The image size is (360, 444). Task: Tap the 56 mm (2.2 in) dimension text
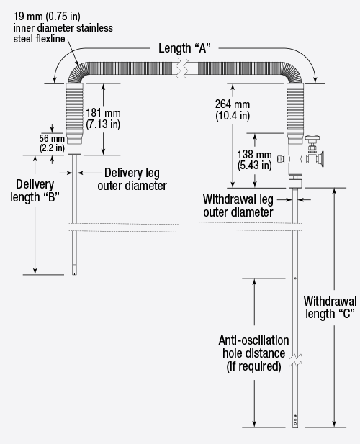click(x=53, y=142)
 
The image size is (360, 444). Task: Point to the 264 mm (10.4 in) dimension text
click(x=233, y=110)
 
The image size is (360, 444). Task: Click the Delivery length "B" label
click(x=37, y=190)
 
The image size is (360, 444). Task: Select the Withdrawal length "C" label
click(x=328, y=307)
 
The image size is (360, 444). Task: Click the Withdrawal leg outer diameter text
click(x=238, y=205)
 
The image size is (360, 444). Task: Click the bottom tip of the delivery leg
click(x=74, y=273)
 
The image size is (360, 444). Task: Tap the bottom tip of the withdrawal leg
click(x=296, y=426)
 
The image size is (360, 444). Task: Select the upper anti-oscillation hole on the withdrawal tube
click(x=296, y=278)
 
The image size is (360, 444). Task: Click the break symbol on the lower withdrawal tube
click(x=296, y=358)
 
